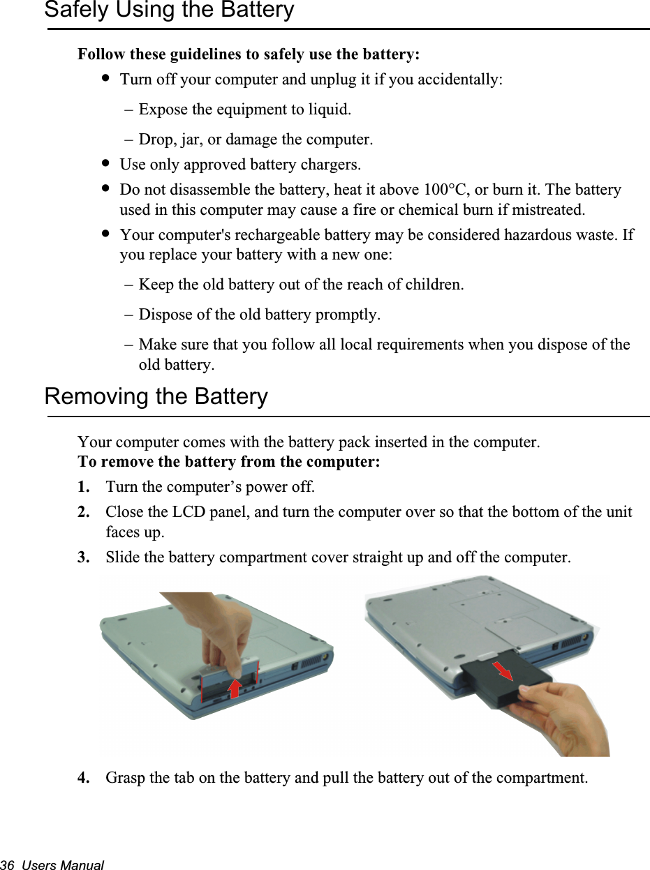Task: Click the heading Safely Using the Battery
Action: pyautogui.click(x=169, y=10)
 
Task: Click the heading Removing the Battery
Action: pyautogui.click(x=156, y=397)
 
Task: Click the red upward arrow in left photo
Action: pyautogui.click(x=235, y=687)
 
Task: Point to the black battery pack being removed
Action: pyautogui.click(x=499, y=680)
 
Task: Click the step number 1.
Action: pyautogui.click(x=83, y=486)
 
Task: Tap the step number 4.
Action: pyautogui.click(x=83, y=778)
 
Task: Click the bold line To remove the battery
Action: pyautogui.click(x=228, y=463)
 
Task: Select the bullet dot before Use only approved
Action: pyautogui.click(x=105, y=163)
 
